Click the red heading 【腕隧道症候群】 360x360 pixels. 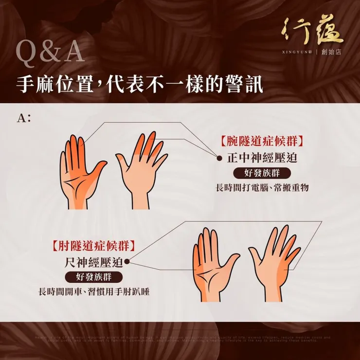click(262, 142)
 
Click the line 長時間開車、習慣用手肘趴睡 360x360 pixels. click(94, 292)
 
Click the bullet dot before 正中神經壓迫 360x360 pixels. click(218, 159)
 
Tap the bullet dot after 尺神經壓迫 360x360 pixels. click(127, 262)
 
